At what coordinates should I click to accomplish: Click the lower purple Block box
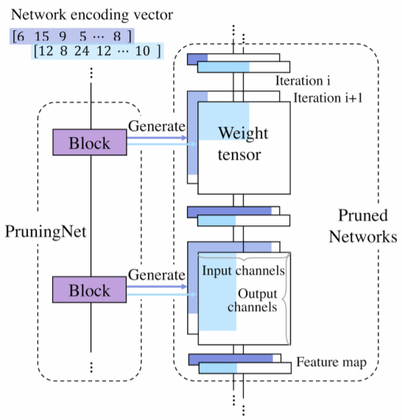91,290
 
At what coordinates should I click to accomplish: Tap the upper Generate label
156,126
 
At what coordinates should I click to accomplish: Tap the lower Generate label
156,275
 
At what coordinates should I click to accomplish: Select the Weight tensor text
243,144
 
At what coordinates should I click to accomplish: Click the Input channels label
243,270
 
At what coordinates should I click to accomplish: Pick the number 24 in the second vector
82,52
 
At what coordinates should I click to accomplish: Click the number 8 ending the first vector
116,36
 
